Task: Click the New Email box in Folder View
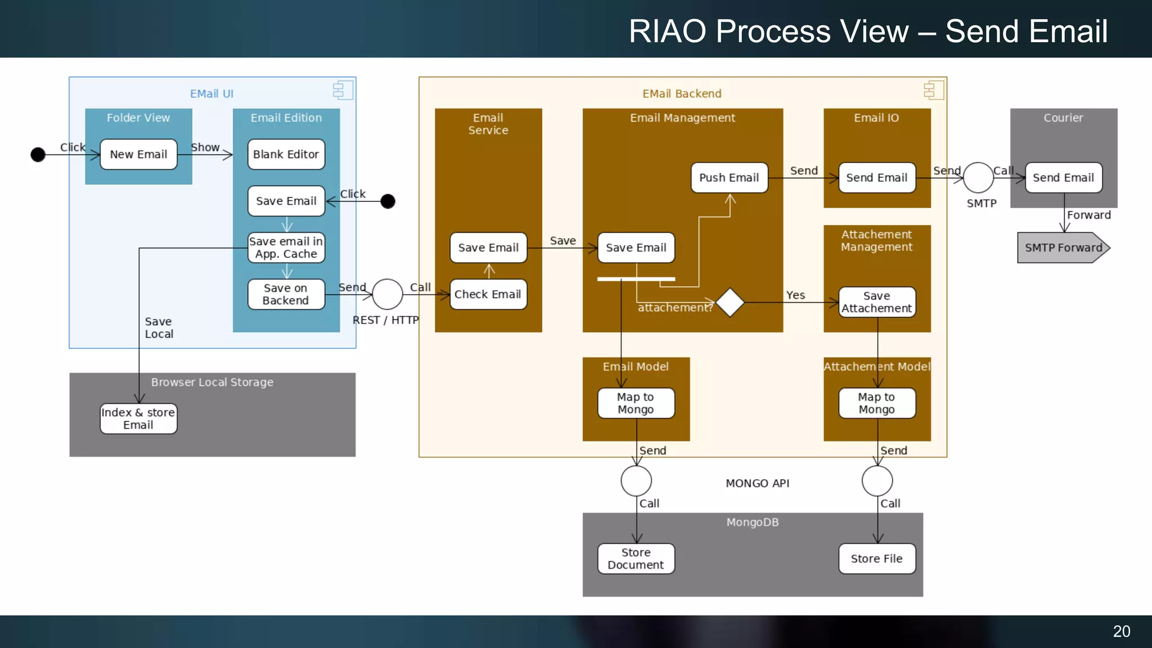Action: [138, 154]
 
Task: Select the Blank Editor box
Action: [286, 154]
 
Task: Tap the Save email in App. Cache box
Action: [286, 247]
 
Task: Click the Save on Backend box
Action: [286, 294]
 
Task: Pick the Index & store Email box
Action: [138, 418]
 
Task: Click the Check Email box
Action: [488, 294]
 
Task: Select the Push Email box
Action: [729, 178]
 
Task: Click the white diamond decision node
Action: [730, 303]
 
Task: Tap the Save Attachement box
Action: [876, 302]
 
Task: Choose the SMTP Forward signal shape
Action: [1063, 247]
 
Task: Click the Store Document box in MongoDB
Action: [636, 559]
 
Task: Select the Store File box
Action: [876, 559]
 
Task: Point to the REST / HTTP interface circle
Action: [388, 294]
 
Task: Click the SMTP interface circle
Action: [978, 178]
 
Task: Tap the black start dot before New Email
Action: [38, 154]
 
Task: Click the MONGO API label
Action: [757, 483]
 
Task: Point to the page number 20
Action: [1121, 631]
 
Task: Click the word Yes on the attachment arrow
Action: [795, 295]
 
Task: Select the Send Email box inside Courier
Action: [1063, 178]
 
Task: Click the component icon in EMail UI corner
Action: [343, 90]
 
